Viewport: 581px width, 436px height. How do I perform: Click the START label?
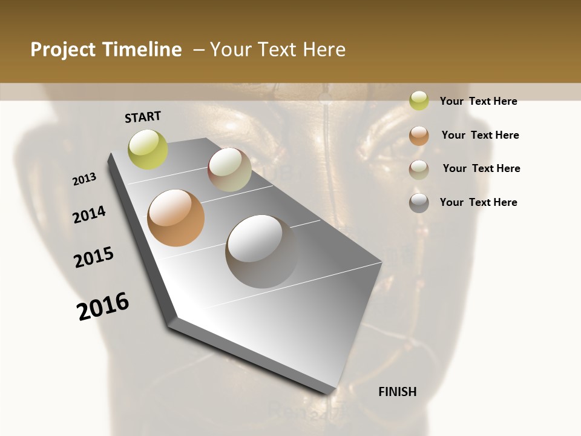143,117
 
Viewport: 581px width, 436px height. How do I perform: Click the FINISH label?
398,392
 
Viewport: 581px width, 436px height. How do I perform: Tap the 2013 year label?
85,179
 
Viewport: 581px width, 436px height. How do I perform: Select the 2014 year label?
90,214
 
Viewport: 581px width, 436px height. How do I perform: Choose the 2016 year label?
103,306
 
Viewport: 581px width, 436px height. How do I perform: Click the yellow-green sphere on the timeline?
148,150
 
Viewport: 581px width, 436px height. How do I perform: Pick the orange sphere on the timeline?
176,218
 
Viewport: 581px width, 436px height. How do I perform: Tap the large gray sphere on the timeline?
261,251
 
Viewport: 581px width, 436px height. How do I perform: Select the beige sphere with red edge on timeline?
229,170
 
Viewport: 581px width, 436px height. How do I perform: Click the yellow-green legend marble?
419,101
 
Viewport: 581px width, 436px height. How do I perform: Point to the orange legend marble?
419,136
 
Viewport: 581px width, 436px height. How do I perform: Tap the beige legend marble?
419,170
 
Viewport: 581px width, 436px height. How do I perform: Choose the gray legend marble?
419,203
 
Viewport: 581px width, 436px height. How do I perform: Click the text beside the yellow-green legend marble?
478,101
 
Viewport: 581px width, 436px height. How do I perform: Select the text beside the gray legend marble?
478,202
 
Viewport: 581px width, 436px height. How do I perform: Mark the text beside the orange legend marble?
480,135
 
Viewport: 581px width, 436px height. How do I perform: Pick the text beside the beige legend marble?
481,168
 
